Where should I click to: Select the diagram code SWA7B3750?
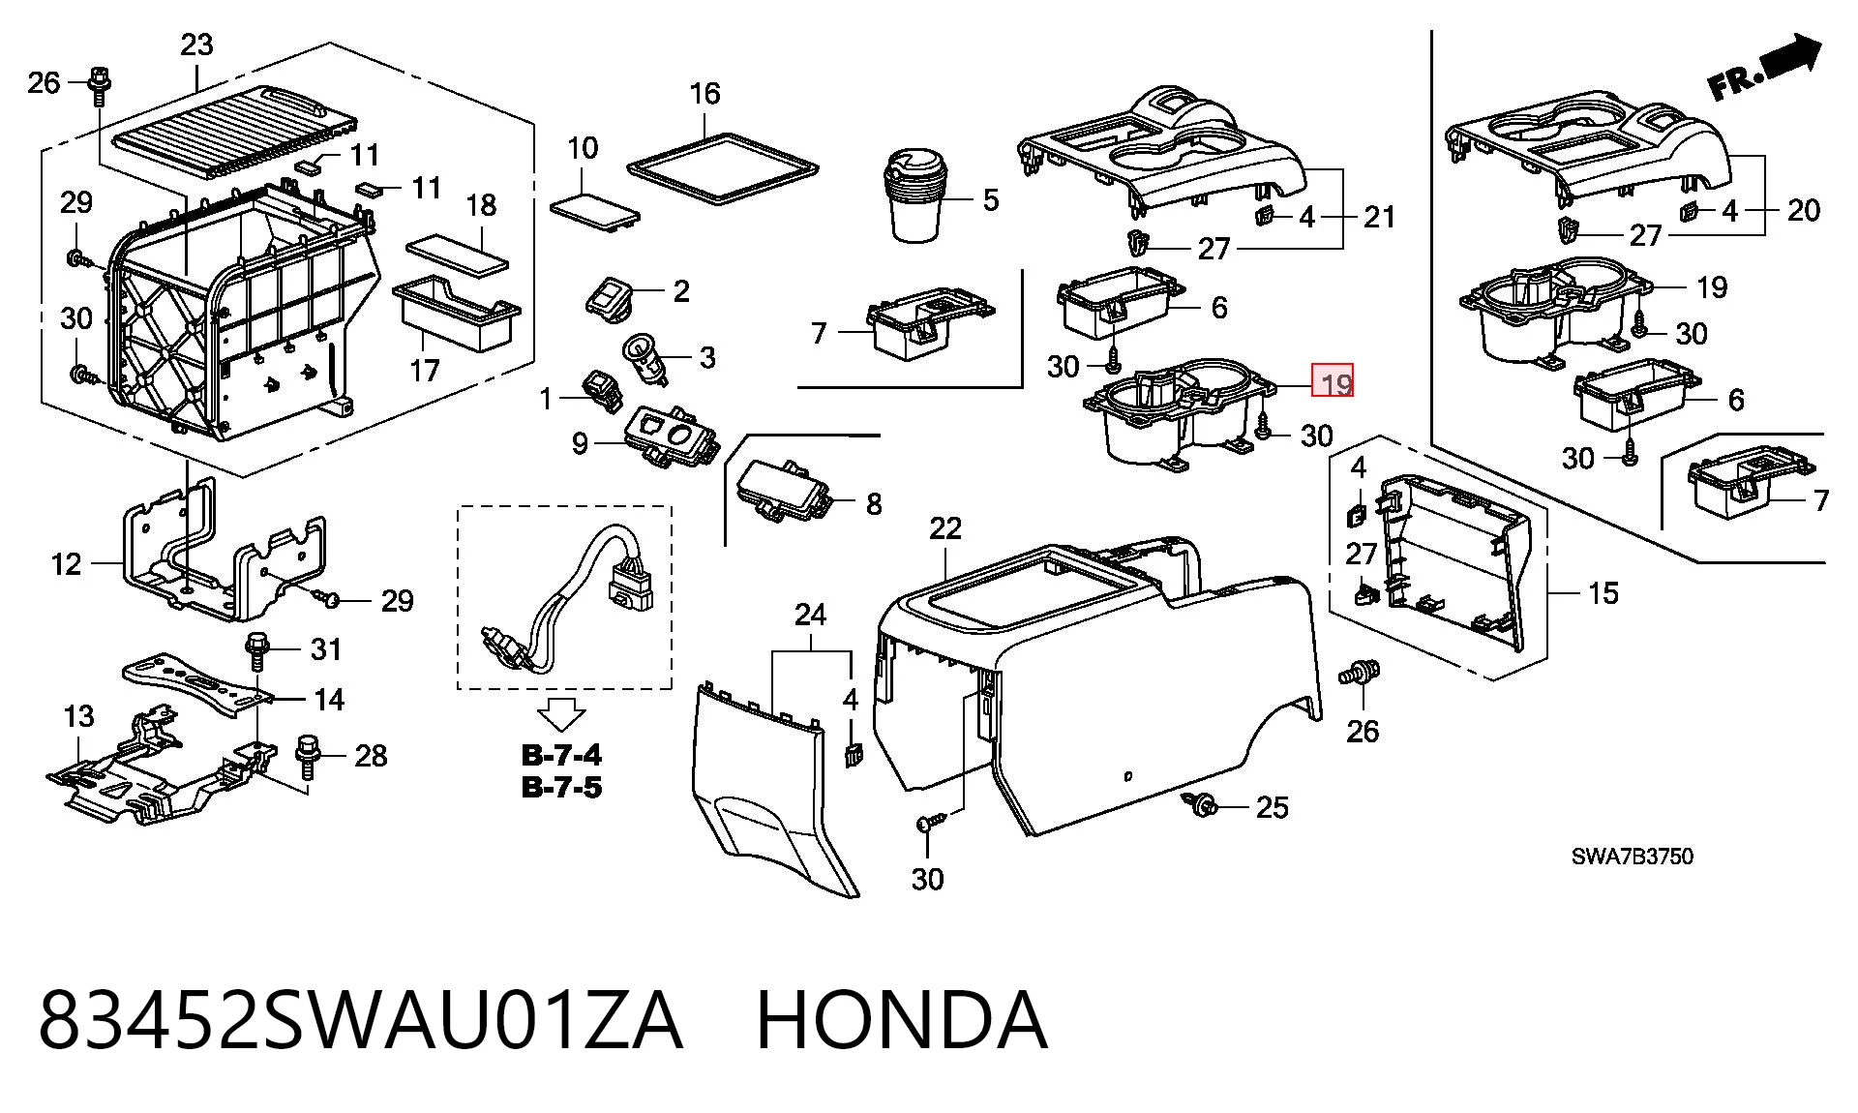pyautogui.click(x=1632, y=857)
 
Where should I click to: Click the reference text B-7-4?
pyautogui.click(x=561, y=755)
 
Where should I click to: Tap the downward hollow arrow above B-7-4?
pyautogui.click(x=561, y=714)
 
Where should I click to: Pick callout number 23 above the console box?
pyautogui.click(x=196, y=45)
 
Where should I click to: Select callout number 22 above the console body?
pyautogui.click(x=945, y=528)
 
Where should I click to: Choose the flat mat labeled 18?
pyautogui.click(x=458, y=250)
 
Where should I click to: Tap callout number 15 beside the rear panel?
pyautogui.click(x=1603, y=592)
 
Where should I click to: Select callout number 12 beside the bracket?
pyautogui.click(x=66, y=563)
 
